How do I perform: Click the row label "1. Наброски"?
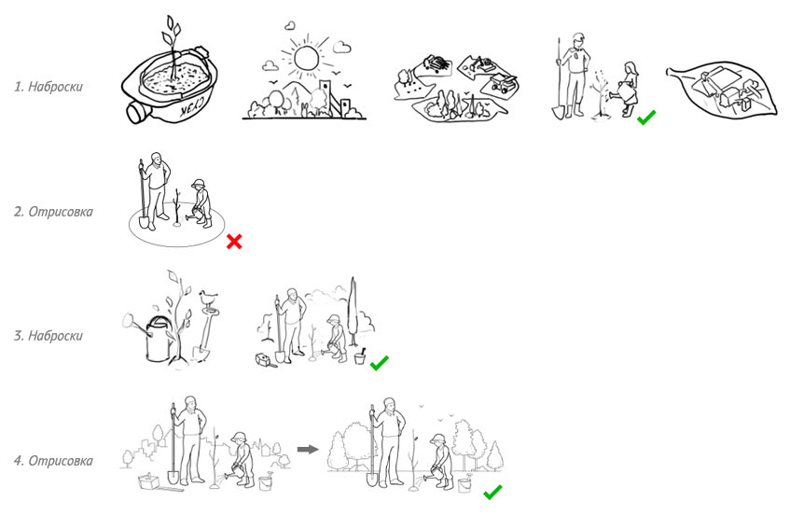(49, 87)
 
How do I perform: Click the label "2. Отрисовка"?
(53, 212)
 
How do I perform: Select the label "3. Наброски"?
(49, 336)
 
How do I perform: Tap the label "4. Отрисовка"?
(53, 461)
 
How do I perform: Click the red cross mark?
(234, 242)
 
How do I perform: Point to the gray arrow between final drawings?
(308, 449)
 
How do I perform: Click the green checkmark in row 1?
(646, 118)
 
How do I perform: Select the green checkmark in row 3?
(380, 363)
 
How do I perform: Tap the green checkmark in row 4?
(492, 493)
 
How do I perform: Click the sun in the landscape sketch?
(306, 58)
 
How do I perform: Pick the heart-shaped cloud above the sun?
(290, 25)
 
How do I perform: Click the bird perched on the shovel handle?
(208, 298)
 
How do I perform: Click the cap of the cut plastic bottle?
(135, 112)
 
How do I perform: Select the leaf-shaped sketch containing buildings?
(722, 89)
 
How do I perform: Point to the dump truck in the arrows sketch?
(503, 83)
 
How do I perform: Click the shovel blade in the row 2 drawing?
(144, 221)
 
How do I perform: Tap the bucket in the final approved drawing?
(464, 483)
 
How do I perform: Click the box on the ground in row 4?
(150, 481)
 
